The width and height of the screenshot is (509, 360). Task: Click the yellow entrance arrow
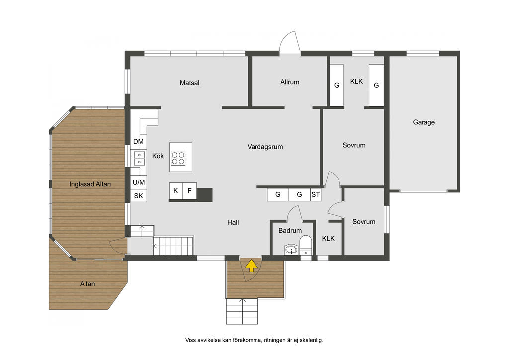point(251,265)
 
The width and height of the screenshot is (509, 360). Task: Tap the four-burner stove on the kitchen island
point(178,158)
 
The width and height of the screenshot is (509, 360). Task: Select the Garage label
point(424,122)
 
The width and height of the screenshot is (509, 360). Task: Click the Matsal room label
point(189,83)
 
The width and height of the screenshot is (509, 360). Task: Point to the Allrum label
point(290,82)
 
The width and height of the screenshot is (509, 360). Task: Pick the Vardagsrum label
point(265,147)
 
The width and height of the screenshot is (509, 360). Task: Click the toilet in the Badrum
point(306,246)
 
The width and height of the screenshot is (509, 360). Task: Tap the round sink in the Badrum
point(291,250)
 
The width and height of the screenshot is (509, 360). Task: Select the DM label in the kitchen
point(138,142)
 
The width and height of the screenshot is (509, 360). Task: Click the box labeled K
point(175,191)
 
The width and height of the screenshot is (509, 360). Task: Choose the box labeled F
point(189,191)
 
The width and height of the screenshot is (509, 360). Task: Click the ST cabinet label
point(316,195)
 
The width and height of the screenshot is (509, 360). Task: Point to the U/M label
point(139,183)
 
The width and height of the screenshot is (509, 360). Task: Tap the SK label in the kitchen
point(138,196)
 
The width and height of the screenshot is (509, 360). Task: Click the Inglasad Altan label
point(90,184)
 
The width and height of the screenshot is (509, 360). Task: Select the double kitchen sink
point(139,158)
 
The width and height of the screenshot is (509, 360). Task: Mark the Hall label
point(233,223)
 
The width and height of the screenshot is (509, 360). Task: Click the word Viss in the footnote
point(190,340)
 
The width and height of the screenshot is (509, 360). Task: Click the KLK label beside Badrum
point(328,239)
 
